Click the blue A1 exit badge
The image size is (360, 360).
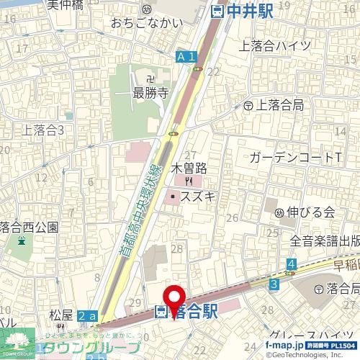point(186,56)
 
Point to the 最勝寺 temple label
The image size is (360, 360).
point(150,92)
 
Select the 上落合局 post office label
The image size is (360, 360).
point(278,105)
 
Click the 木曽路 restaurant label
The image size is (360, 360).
point(189,168)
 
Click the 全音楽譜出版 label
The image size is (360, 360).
point(325,241)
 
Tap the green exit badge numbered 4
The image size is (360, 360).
point(291,266)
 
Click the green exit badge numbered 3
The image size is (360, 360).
point(274,285)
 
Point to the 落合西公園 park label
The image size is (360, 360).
point(29,227)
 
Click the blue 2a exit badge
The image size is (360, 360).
point(86,316)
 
